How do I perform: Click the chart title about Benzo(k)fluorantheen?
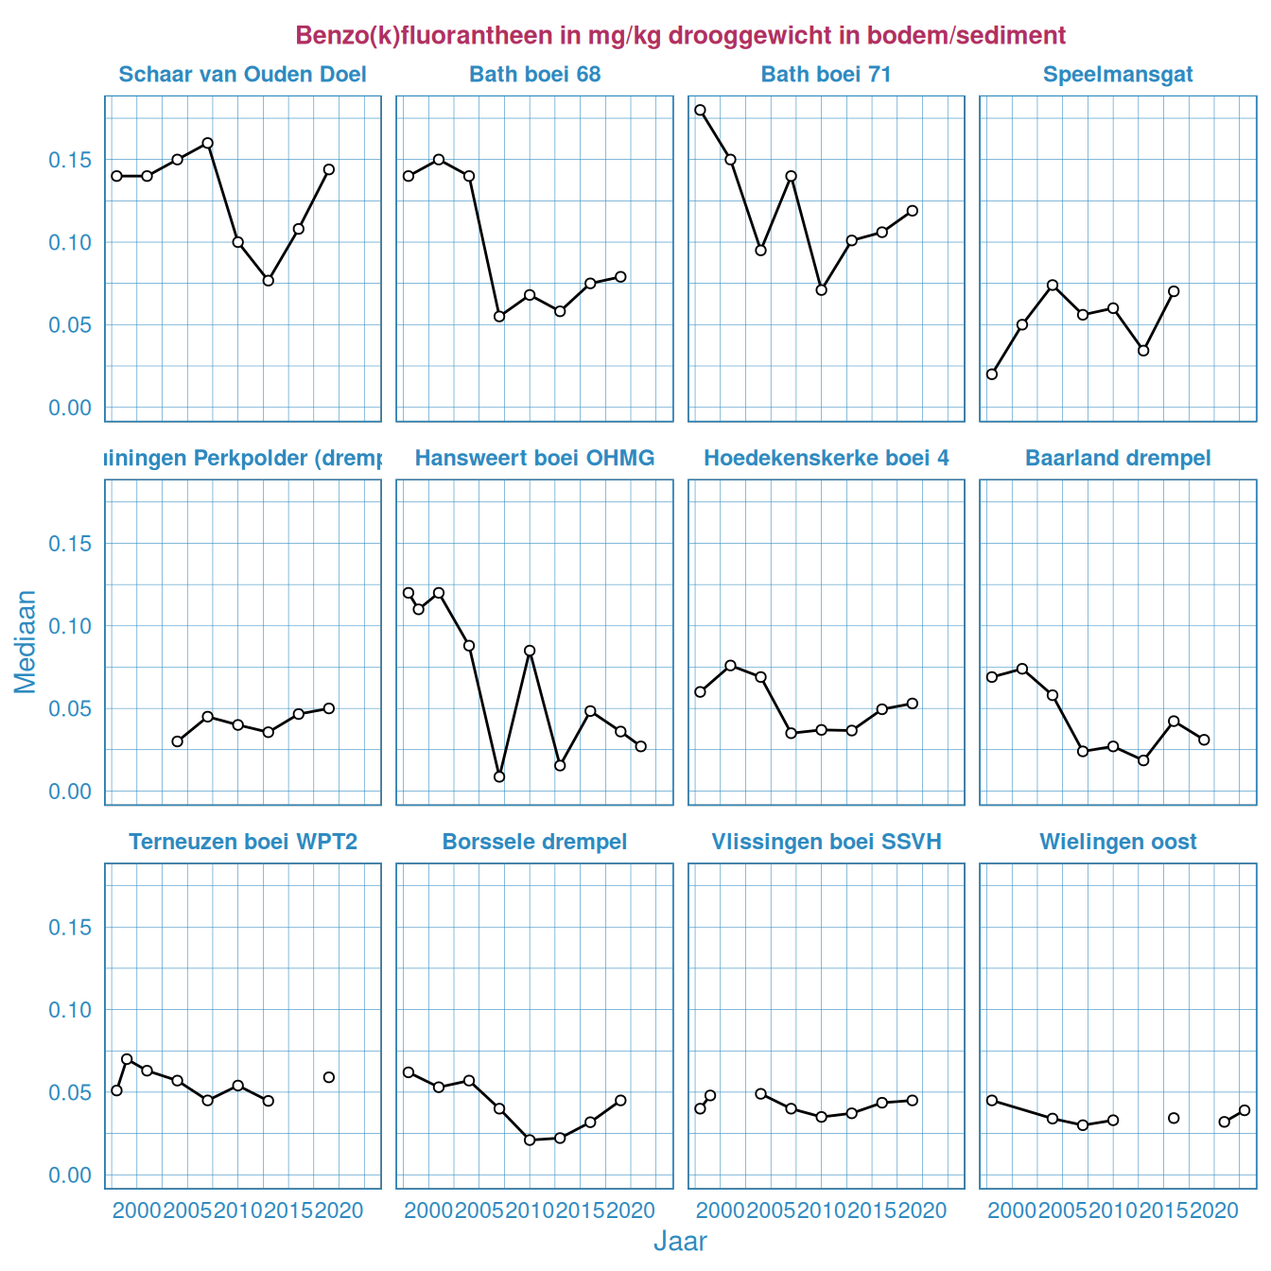(x=680, y=36)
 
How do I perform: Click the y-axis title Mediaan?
(x=26, y=641)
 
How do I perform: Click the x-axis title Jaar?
(x=680, y=1242)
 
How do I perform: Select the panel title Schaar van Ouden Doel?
(x=242, y=75)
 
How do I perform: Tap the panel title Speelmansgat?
(x=1118, y=75)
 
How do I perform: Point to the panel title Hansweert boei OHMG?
(x=534, y=459)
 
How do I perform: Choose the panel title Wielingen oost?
(x=1118, y=842)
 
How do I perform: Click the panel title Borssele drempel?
(x=534, y=842)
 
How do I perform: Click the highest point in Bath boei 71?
(x=700, y=110)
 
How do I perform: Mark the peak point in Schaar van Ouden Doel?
(x=207, y=143)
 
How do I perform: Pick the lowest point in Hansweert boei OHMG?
(x=499, y=776)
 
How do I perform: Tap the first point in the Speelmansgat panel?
(x=991, y=374)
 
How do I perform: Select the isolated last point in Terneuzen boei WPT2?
(x=329, y=1077)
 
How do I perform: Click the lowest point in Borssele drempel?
(x=530, y=1140)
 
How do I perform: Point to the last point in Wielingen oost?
(x=1245, y=1110)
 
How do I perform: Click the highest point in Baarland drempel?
(x=1021, y=669)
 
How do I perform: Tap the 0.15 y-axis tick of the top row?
(x=70, y=160)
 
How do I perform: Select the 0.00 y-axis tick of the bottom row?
(x=70, y=1175)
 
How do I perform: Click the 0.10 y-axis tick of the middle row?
(x=70, y=626)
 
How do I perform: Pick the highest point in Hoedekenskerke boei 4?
(x=730, y=666)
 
